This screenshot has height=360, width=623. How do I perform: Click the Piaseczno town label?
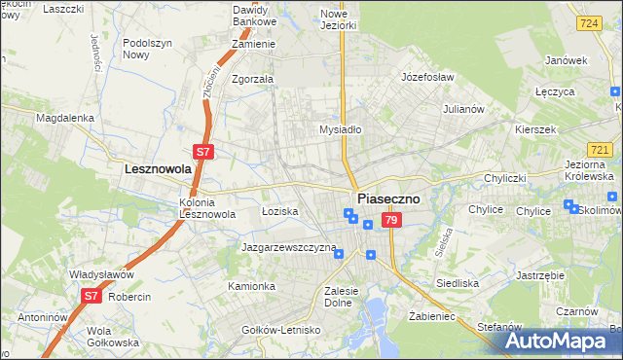pos(389,198)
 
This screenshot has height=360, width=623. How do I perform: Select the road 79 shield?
pos(390,222)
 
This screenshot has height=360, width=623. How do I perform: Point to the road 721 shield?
pos(601,149)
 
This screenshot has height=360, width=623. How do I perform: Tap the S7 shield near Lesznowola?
pos(203,152)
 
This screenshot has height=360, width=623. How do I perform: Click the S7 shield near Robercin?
pos(91,295)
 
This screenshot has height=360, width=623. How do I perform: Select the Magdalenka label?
pos(64,118)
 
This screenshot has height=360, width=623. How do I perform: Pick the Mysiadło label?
pos(341,128)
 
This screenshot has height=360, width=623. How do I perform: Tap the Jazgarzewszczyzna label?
pos(289,248)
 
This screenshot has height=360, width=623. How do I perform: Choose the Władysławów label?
pos(100,274)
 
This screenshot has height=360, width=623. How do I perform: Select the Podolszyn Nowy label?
pos(149,49)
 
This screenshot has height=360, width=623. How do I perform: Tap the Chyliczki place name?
pos(506,178)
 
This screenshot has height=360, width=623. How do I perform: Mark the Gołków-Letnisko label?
pos(281,330)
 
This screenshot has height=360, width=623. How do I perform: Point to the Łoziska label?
pos(279,211)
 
